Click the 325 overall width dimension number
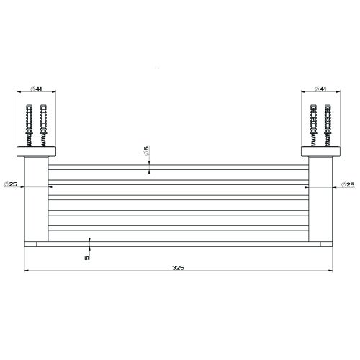[179, 267]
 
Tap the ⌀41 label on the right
[323, 89]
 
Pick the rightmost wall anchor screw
[328, 125]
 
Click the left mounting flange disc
[35, 153]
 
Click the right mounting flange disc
[323, 153]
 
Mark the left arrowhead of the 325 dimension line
[28, 271]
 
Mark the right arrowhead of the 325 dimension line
[330, 271]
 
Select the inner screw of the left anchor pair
[44, 125]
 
